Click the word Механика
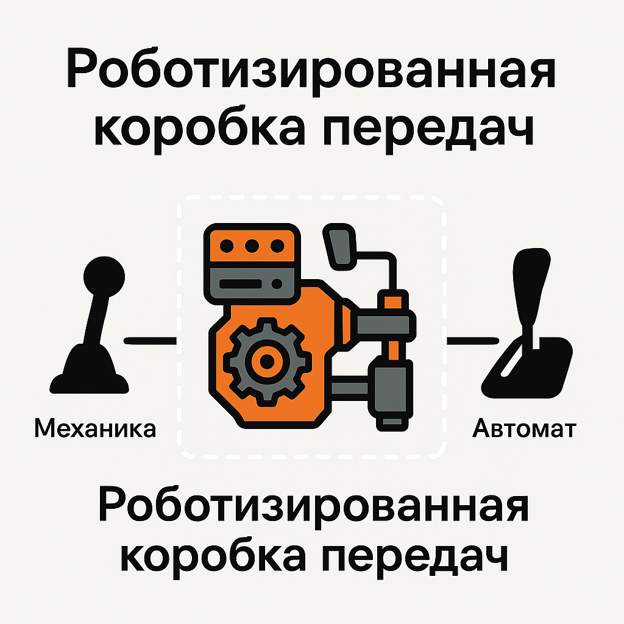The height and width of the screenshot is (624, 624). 95,428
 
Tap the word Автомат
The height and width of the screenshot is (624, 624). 524,428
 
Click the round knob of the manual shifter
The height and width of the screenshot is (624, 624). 104,277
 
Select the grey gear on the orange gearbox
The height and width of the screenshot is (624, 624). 267,361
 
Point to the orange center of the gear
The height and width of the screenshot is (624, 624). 267,361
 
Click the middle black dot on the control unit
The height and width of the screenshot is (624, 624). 252,246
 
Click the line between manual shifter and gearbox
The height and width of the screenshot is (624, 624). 150,341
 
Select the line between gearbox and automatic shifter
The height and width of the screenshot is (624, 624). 473,341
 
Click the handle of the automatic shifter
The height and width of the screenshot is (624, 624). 531,286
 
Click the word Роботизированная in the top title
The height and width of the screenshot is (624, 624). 311,68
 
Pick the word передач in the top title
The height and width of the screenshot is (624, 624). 428,132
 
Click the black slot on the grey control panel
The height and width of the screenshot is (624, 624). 240,284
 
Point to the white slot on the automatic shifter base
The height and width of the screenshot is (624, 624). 511,361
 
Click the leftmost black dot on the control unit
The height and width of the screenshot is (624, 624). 227,246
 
